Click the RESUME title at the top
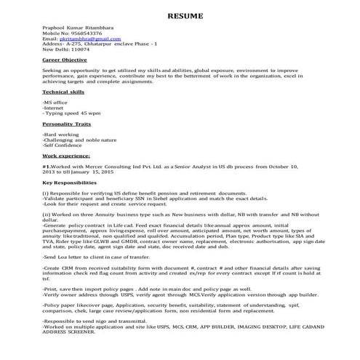[x=180, y=16]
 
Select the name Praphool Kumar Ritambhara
[x=76, y=29]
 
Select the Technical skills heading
[x=63, y=92]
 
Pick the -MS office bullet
[x=55, y=103]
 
